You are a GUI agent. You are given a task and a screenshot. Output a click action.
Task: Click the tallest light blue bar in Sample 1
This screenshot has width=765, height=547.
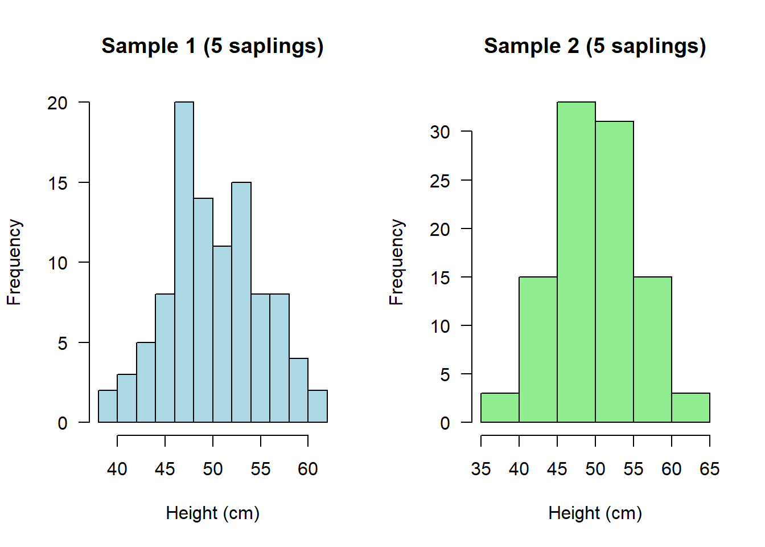click(184, 262)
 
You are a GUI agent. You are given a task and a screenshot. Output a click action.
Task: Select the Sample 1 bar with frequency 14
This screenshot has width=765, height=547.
click(203, 311)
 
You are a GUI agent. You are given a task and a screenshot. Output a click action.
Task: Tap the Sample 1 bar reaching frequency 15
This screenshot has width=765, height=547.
click(241, 302)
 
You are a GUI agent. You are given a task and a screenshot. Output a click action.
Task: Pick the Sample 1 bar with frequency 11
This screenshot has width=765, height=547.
click(222, 334)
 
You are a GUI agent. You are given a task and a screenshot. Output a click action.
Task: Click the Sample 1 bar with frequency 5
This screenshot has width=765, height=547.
click(146, 382)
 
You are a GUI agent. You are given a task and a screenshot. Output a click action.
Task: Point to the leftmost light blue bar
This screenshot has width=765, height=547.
click(108, 406)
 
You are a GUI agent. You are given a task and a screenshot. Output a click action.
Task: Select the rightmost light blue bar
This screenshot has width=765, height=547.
click(318, 406)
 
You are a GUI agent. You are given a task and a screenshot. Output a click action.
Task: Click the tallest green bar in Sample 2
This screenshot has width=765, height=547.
click(576, 262)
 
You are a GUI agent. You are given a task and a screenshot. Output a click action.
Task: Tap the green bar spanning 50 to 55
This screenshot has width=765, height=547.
click(614, 272)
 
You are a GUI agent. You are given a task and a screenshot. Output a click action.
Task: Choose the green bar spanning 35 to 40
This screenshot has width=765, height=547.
click(500, 408)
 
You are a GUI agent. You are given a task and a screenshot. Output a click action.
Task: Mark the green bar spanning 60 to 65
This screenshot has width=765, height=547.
click(690, 408)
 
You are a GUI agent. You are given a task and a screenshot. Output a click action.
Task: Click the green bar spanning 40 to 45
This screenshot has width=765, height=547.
click(538, 349)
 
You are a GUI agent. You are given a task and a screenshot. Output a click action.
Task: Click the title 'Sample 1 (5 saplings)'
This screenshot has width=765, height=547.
click(212, 46)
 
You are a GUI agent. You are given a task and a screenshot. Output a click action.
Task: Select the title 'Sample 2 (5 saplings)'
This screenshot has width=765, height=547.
click(595, 46)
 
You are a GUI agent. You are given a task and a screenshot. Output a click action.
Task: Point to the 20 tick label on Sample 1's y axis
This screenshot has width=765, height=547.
click(57, 103)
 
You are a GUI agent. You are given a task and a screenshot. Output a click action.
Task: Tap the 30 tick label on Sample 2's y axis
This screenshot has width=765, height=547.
click(440, 132)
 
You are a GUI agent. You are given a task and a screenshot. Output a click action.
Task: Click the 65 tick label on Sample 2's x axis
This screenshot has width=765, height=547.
click(710, 469)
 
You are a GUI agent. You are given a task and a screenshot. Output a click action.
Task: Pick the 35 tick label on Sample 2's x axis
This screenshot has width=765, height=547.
click(481, 469)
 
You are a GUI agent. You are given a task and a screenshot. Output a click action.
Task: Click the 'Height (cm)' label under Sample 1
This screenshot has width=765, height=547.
click(212, 513)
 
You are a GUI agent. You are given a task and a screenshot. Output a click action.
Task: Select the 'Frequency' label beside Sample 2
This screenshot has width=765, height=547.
click(396, 262)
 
